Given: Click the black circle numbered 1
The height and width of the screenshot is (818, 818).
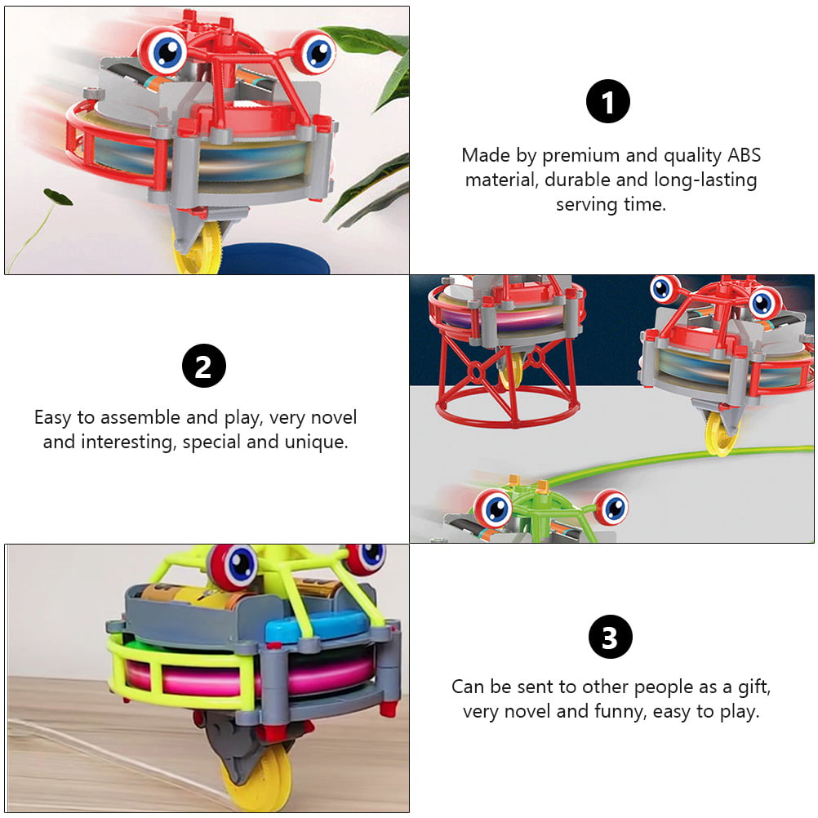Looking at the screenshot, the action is tap(607, 101).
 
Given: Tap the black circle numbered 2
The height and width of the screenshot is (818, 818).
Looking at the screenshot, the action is tap(204, 366).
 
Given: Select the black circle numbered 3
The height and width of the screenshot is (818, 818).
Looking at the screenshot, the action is tap(611, 637).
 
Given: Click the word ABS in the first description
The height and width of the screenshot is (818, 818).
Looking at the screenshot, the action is tap(744, 155).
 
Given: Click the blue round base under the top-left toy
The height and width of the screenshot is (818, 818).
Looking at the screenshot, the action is tap(273, 259).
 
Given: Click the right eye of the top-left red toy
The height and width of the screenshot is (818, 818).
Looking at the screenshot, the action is tap(314, 51).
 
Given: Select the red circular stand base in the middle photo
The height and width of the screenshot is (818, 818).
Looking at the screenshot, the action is tap(508, 412).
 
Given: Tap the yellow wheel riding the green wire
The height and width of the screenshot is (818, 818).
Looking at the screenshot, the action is tap(721, 431).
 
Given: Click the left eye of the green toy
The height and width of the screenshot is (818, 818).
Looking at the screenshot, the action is tap(492, 508).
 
